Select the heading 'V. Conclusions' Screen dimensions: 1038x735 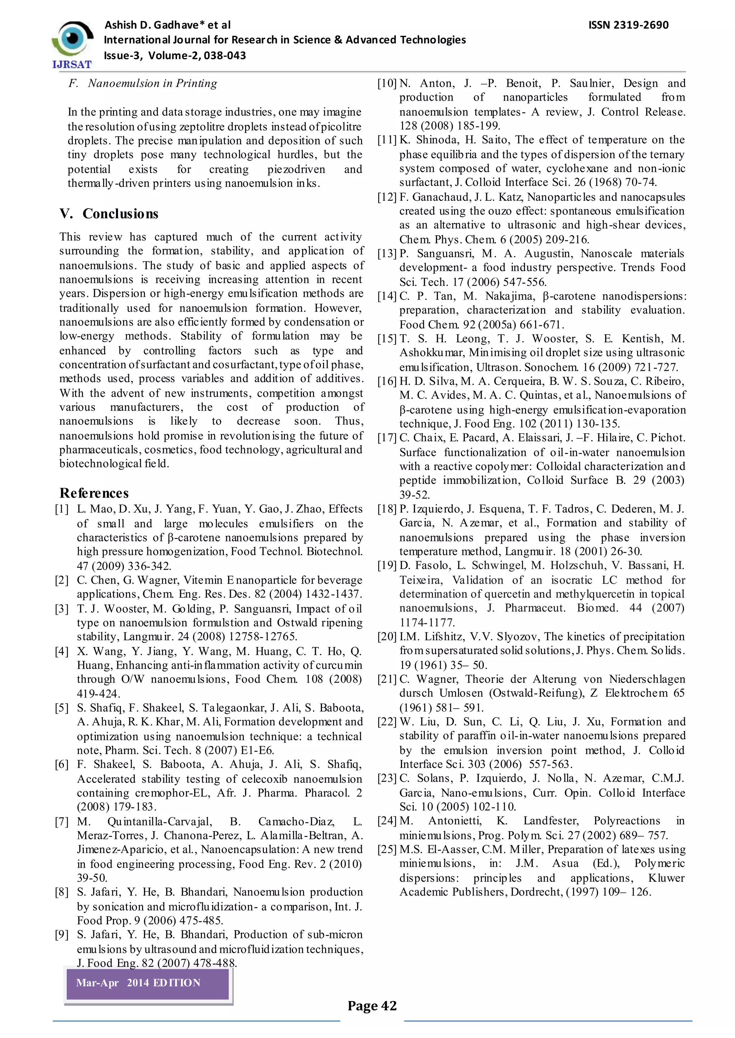[x=109, y=214]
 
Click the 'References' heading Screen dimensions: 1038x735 [x=94, y=493]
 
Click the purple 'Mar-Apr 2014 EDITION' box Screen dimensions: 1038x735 [x=148, y=982]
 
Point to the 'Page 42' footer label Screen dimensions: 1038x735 [x=372, y=1005]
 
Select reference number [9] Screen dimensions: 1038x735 [x=62, y=934]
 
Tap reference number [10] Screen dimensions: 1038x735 [x=387, y=84]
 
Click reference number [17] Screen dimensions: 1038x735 [x=387, y=438]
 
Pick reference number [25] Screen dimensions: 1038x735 [x=387, y=849]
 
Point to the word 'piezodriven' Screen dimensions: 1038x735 [x=296, y=170]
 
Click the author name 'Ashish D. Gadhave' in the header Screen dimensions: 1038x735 [x=151, y=25]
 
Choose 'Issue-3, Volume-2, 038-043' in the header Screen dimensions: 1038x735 [x=175, y=56]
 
